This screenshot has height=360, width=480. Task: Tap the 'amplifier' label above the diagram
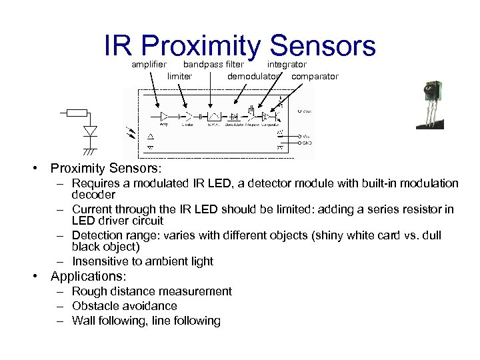click(149, 65)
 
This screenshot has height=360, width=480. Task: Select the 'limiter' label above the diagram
click(179, 77)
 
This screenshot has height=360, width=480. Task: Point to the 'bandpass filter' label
click(213, 65)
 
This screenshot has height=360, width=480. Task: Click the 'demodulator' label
click(253, 77)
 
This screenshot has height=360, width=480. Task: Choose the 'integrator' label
click(287, 65)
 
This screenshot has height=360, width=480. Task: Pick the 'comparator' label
click(315, 77)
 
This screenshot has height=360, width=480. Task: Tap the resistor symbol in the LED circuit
click(78, 112)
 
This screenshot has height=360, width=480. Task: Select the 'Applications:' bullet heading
click(89, 276)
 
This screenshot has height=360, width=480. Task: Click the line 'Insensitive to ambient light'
click(143, 261)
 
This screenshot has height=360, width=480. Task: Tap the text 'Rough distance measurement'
click(152, 291)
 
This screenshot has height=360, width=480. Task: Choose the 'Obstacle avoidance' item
click(125, 306)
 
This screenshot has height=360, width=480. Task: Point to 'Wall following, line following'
click(146, 321)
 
